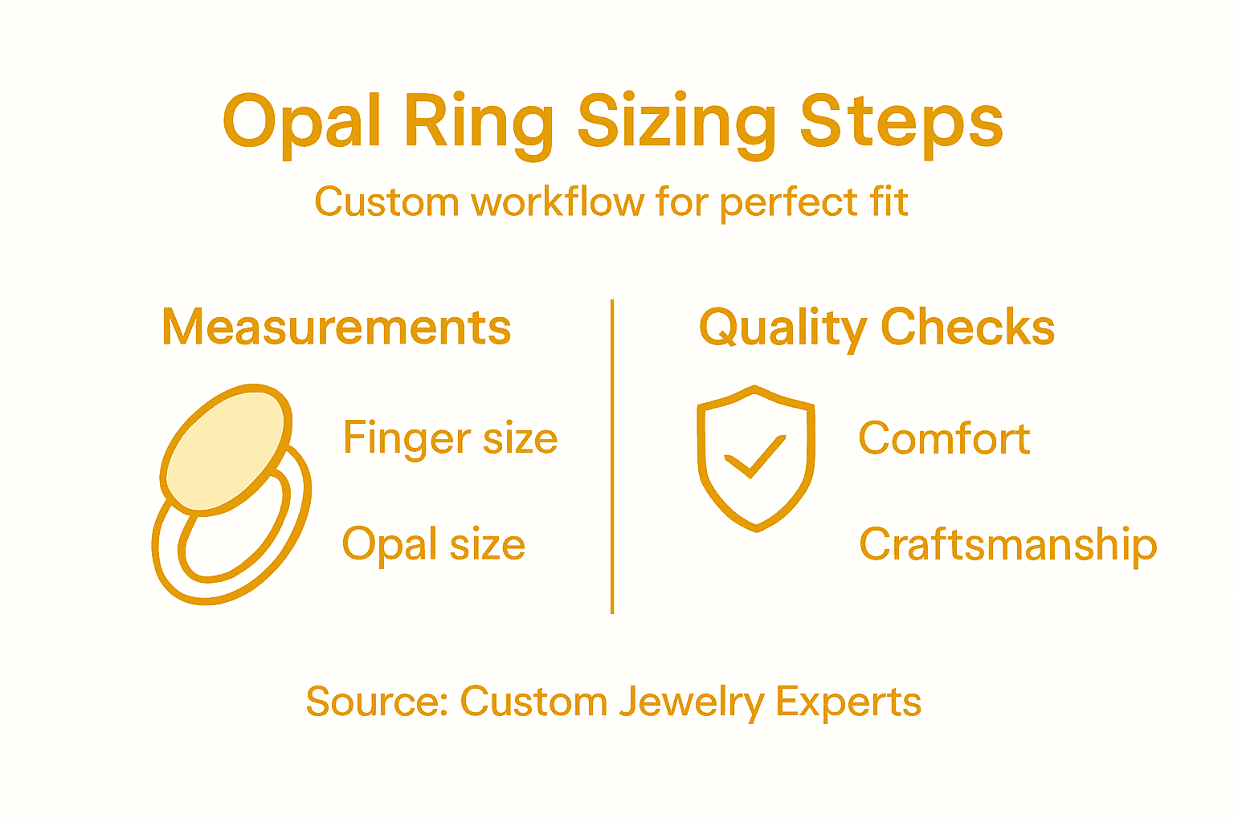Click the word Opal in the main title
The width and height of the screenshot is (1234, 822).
click(300, 122)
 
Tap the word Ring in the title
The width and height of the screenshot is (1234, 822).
click(479, 122)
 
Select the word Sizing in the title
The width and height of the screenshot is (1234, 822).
click(676, 122)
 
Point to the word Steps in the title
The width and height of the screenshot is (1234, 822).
click(901, 122)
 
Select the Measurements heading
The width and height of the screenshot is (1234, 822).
click(336, 328)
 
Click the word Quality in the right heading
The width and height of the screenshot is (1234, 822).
click(782, 328)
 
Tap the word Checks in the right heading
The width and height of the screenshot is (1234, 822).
click(967, 328)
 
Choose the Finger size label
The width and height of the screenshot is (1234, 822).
click(450, 438)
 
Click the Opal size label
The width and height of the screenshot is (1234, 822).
click(434, 544)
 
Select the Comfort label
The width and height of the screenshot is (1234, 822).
click(944, 438)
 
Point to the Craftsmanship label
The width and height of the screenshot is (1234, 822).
click(1007, 544)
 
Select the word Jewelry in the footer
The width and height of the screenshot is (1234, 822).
click(691, 703)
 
